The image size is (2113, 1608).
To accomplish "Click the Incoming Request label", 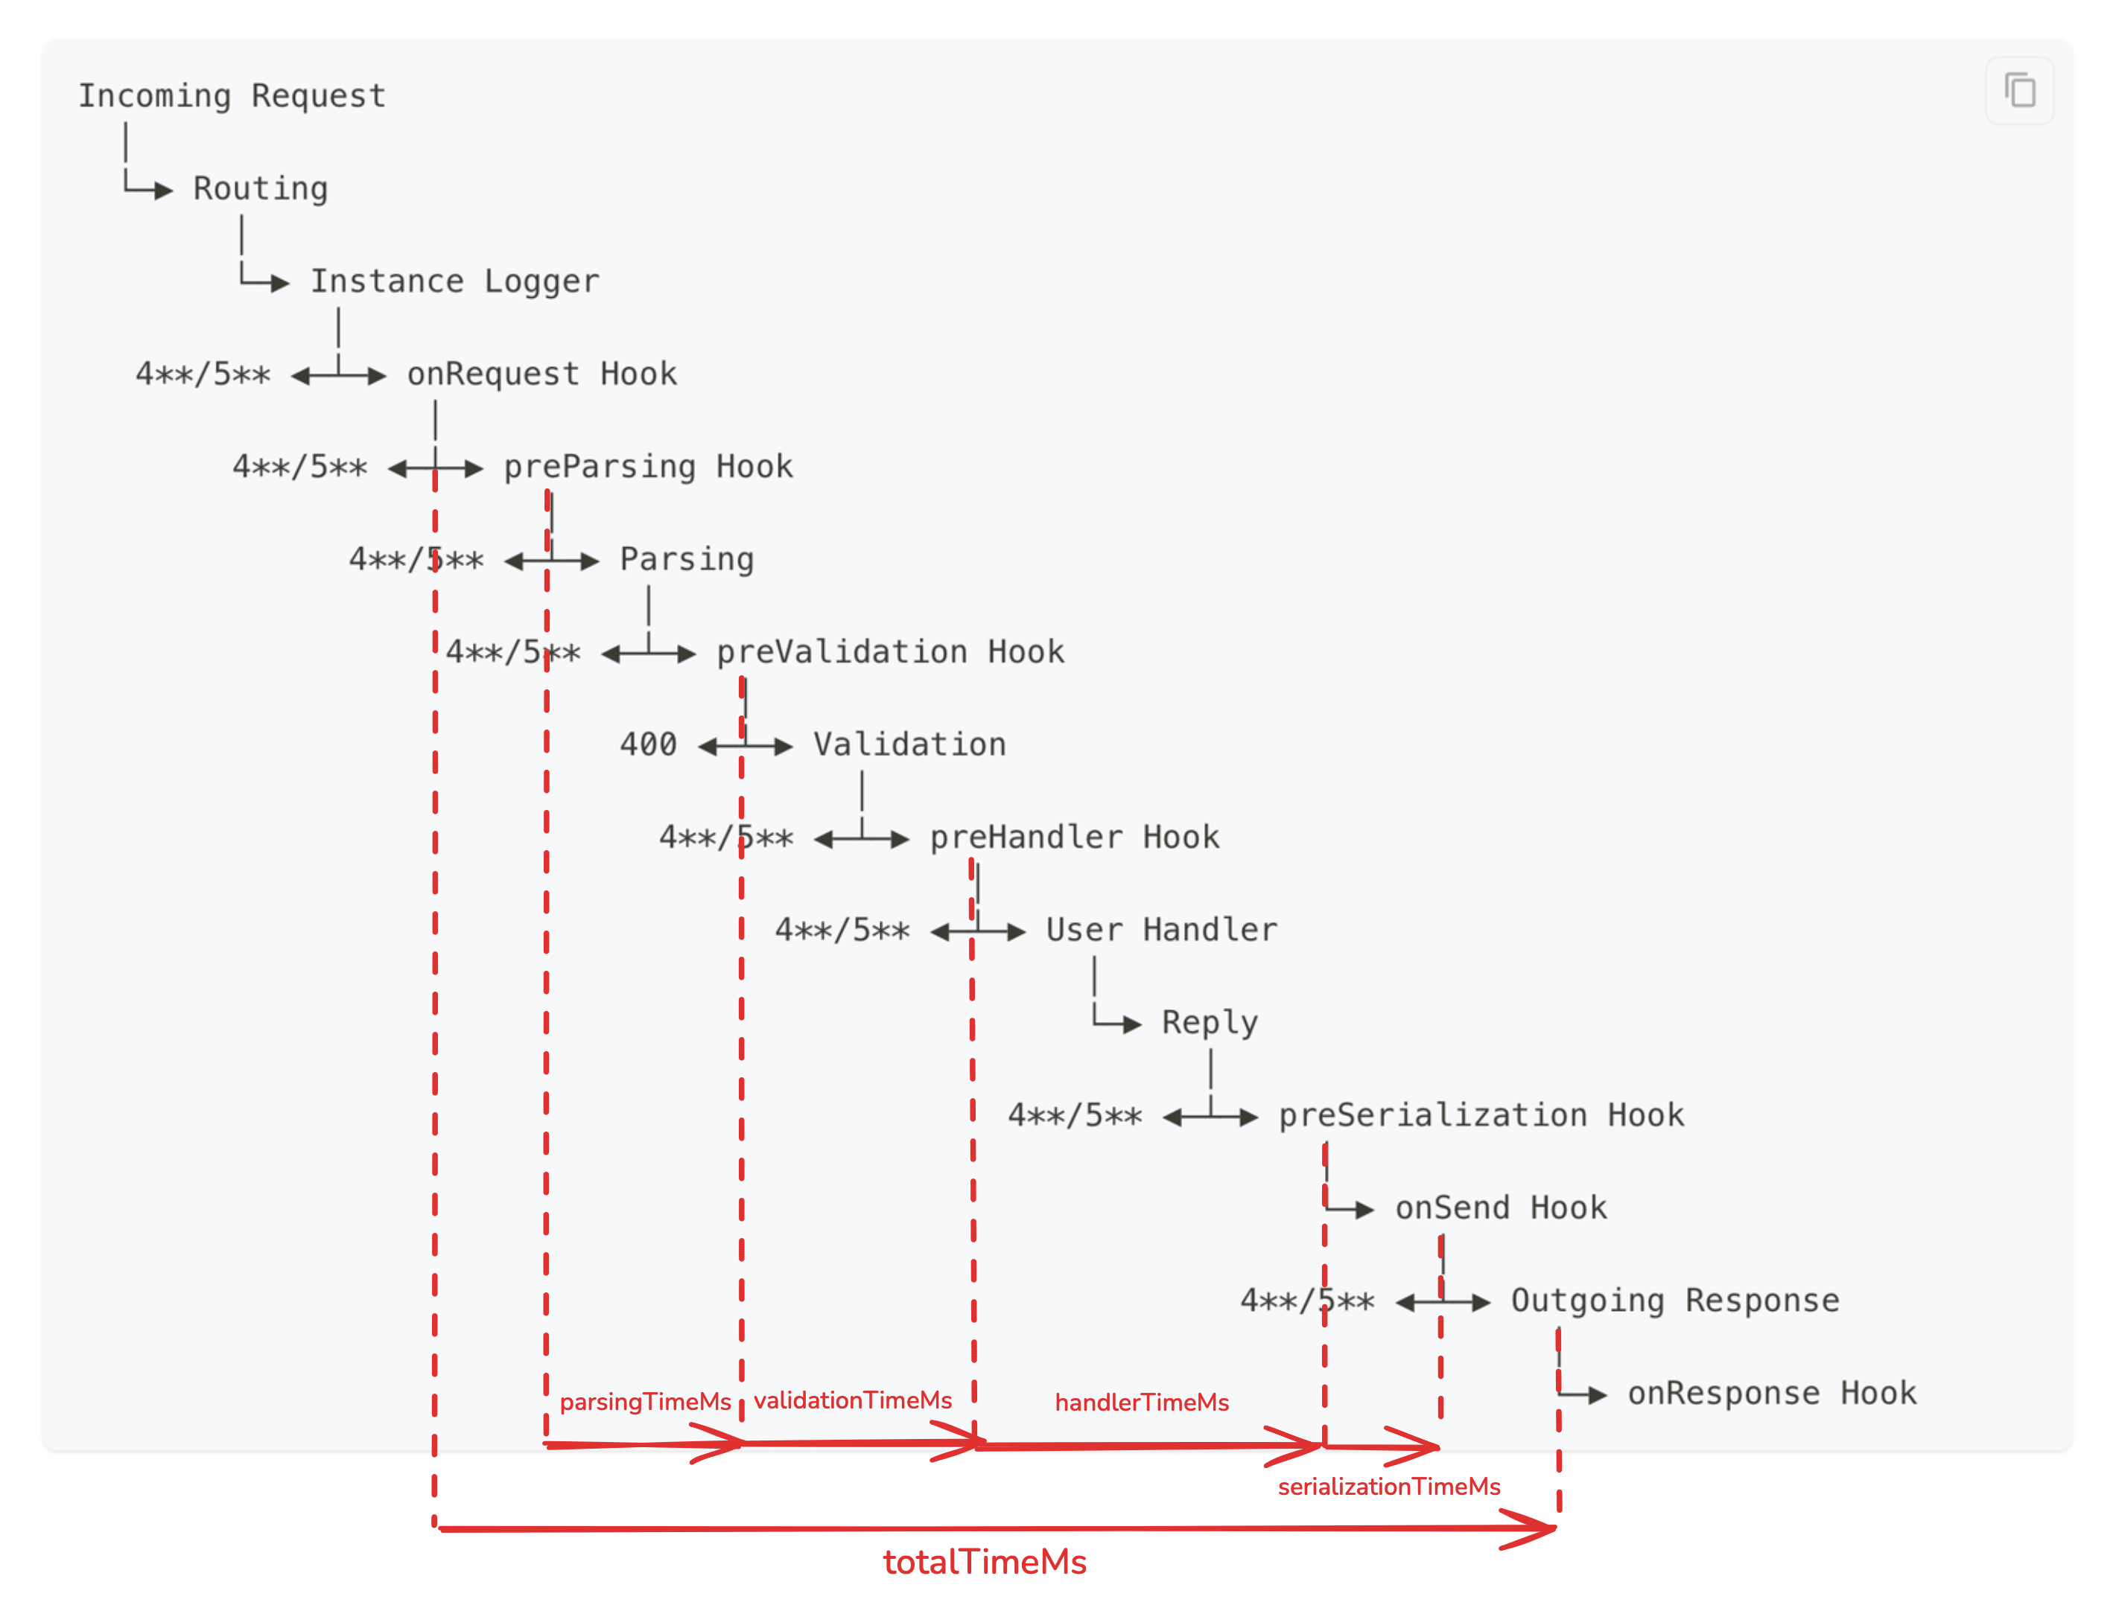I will pyautogui.click(x=232, y=96).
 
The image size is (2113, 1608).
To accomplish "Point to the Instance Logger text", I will pyautogui.click(x=455, y=281).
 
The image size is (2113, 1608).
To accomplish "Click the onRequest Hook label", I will pyautogui.click(x=542, y=374).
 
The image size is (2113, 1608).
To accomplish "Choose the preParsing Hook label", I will pyautogui.click(x=648, y=467).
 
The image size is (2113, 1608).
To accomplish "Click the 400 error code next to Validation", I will pyautogui.click(x=648, y=744).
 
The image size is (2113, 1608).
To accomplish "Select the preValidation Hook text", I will pyautogui.click(x=890, y=652).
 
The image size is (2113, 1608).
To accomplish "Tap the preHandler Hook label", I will pyautogui.click(x=1074, y=837).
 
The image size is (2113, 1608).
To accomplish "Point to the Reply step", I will pyautogui.click(x=1210, y=1022).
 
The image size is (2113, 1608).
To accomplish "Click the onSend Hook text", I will pyautogui.click(x=1500, y=1208).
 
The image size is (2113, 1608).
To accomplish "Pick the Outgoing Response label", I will pyautogui.click(x=1674, y=1301).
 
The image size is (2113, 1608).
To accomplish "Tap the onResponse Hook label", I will pyautogui.click(x=1771, y=1394).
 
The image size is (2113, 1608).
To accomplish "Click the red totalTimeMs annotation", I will pyautogui.click(x=984, y=1562).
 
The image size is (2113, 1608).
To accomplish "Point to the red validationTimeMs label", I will pyautogui.click(x=852, y=1400).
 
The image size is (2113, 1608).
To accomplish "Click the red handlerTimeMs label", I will pyautogui.click(x=1141, y=1403).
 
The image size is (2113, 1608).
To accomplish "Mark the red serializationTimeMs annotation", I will pyautogui.click(x=1388, y=1487).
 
